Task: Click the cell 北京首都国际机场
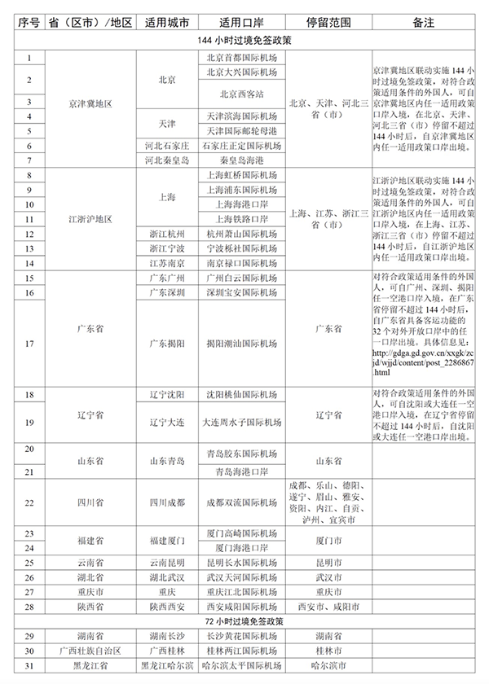pos(241,57)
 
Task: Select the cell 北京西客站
pos(241,94)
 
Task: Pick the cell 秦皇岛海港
pos(241,160)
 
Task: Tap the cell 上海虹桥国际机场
pos(241,175)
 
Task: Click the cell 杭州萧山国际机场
pos(241,234)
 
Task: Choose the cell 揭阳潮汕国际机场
pos(241,343)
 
